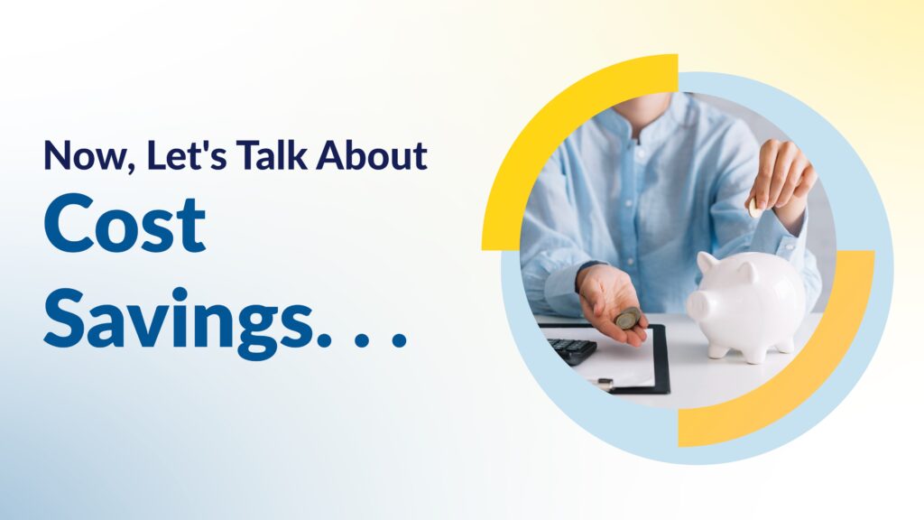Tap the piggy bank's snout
697,304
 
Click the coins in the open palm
627,318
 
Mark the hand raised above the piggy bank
781,176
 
